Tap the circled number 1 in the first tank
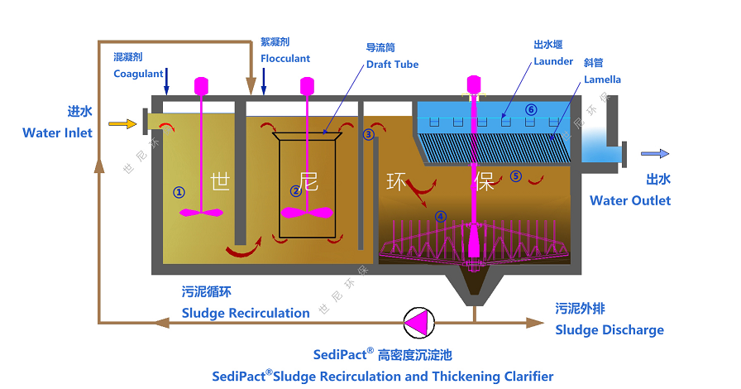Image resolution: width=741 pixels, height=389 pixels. (179, 191)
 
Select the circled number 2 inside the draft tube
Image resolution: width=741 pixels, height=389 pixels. (296, 191)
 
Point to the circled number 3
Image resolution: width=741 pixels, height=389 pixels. (369, 133)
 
